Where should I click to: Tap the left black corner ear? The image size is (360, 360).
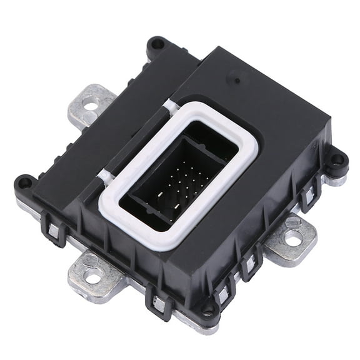pyautogui.click(x=24, y=183)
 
